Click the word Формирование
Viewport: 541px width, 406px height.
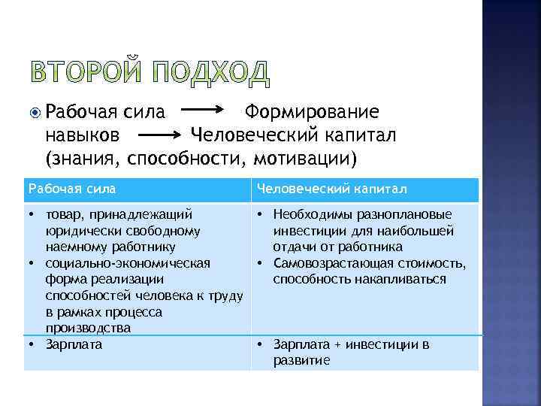311,113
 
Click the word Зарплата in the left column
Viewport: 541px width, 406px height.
74,344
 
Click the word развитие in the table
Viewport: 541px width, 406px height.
301,360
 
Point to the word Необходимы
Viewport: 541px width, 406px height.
308,214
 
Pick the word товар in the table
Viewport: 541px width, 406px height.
62,214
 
